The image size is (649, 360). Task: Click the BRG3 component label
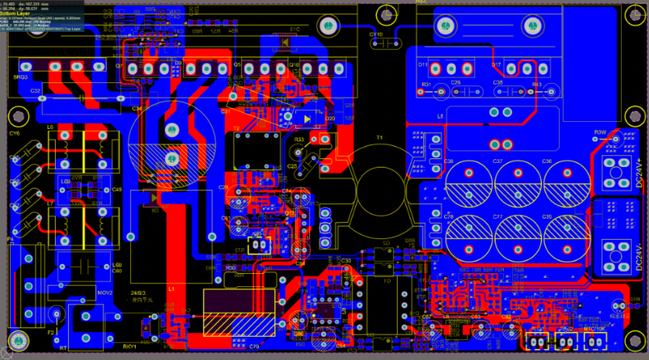coord(22,78)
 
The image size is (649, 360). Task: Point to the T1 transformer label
coord(379,137)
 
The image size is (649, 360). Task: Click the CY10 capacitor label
coord(376,35)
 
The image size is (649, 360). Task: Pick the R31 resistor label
coord(426,83)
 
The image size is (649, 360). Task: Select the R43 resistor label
coord(537,83)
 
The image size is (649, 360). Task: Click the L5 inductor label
coord(440,116)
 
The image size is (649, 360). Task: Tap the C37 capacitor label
coord(497,161)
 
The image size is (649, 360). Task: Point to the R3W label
coord(599,133)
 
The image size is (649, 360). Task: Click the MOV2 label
coord(105,293)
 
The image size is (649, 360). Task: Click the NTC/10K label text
coord(595,328)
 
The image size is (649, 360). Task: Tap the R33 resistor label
coord(299,140)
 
